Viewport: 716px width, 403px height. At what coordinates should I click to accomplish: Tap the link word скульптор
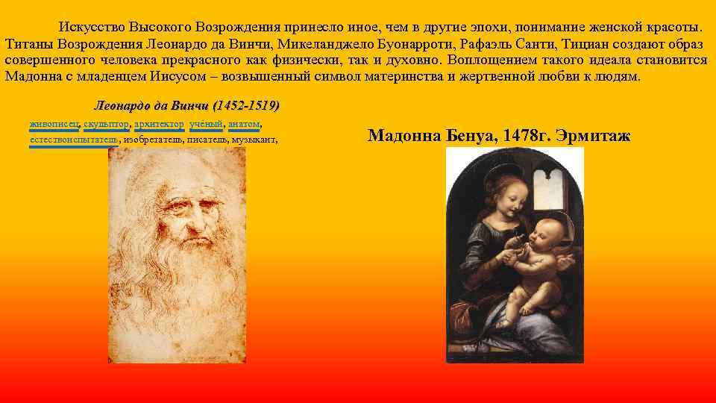coord(107,123)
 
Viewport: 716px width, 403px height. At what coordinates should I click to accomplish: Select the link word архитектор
coord(159,123)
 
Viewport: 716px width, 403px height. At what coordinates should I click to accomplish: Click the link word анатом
coord(244,123)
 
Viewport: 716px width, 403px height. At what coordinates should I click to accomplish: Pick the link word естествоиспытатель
coord(74,140)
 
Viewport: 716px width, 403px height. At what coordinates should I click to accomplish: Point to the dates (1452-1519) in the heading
coord(247,106)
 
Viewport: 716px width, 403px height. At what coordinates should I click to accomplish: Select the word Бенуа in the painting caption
coord(470,136)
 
